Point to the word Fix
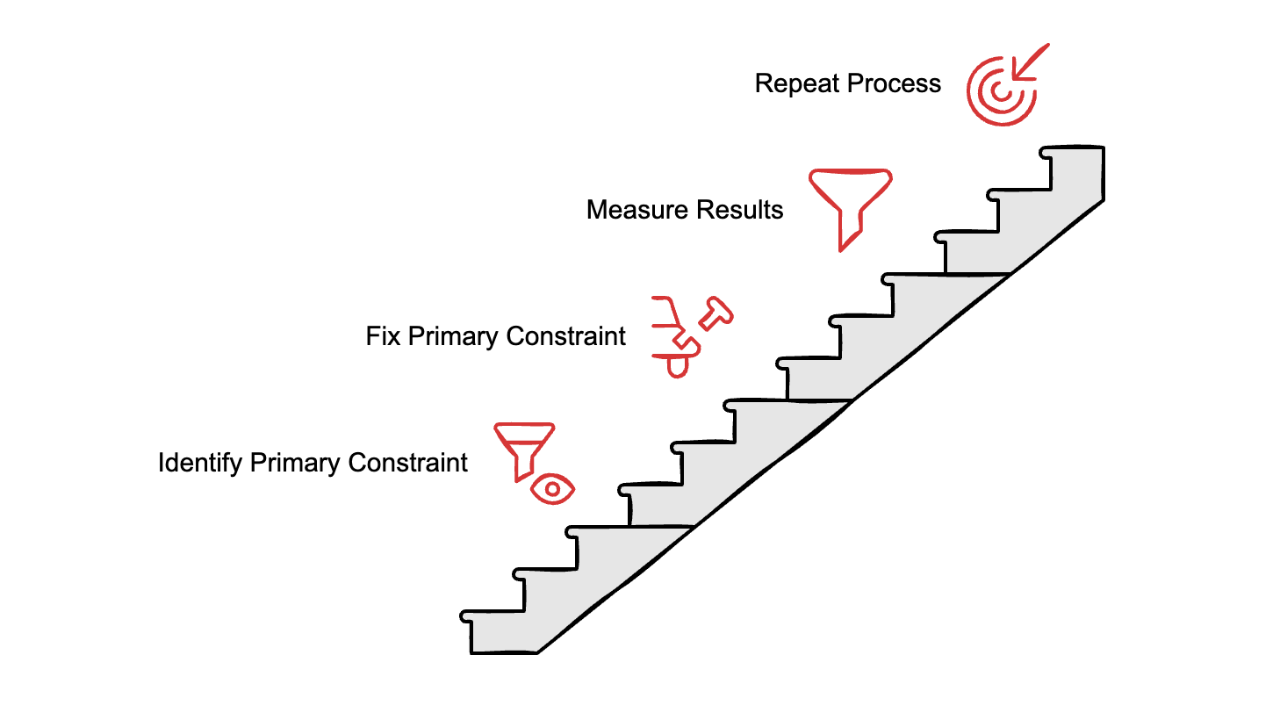click(x=383, y=336)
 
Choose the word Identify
click(x=199, y=464)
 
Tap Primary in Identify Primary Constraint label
click(x=295, y=463)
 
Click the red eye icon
click(x=552, y=489)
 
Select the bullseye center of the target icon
click(x=996, y=92)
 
